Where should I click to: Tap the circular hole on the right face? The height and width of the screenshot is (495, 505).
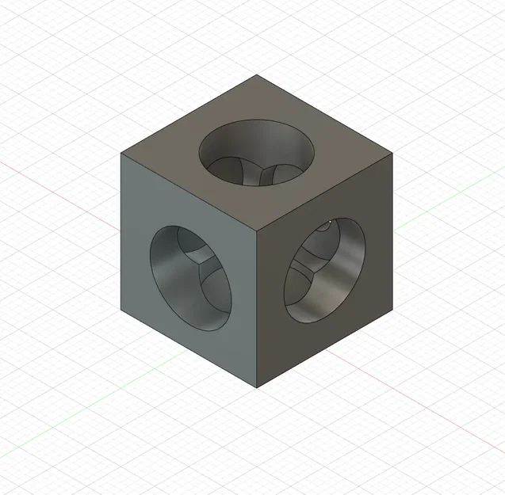point(326,270)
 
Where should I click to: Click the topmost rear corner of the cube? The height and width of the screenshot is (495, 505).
point(257,75)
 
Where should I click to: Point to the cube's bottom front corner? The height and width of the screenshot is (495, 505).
point(257,388)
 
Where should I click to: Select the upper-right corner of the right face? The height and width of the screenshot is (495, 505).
point(393,154)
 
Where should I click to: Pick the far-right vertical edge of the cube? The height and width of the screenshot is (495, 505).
point(393,230)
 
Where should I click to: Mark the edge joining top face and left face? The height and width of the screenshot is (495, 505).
point(189,192)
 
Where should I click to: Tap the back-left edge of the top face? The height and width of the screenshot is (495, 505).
point(189,114)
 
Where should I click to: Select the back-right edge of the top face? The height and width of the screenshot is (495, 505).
point(325,114)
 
